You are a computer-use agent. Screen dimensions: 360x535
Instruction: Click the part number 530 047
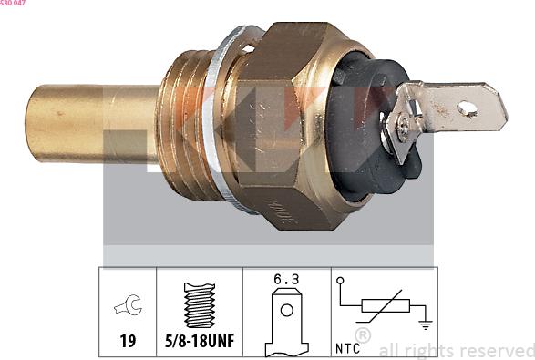click(x=13, y=4)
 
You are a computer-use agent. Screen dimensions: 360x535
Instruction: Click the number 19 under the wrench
click(x=128, y=342)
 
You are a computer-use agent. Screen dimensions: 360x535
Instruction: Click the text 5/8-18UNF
click(x=200, y=342)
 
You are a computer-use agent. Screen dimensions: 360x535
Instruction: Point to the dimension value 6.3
click(x=286, y=281)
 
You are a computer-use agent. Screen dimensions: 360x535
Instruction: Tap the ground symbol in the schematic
click(x=424, y=323)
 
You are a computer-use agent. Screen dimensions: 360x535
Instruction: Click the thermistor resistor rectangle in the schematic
click(x=384, y=305)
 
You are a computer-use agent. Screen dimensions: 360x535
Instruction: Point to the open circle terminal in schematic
click(x=340, y=281)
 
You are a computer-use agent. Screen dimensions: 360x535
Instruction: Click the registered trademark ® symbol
click(x=362, y=337)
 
